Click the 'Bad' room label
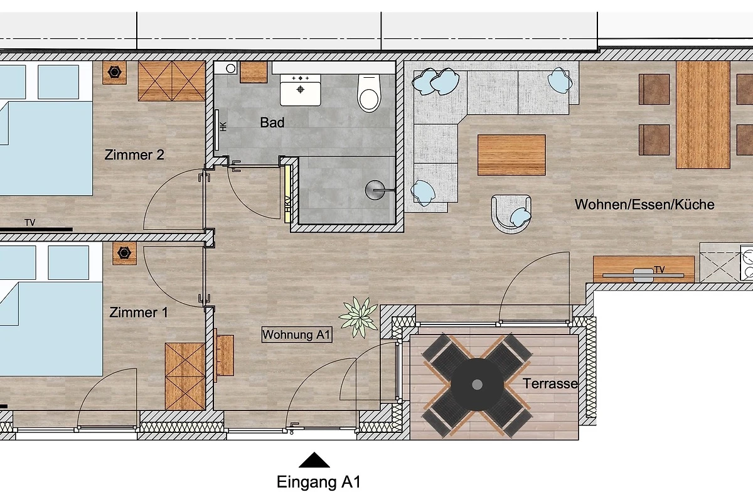tap(272, 122)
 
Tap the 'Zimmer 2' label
tap(134, 154)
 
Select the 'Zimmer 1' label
tap(139, 312)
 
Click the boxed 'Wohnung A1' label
tap(297, 334)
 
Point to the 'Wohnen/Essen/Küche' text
tap(644, 205)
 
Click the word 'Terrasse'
tap(550, 383)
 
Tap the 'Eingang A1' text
tap(318, 482)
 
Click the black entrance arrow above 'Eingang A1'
tap(314, 460)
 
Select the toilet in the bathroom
tap(369, 93)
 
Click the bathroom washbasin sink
tap(300, 90)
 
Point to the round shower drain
tap(375, 190)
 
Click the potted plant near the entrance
tap(358, 317)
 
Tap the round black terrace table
tap(477, 384)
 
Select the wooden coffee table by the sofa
tap(511, 155)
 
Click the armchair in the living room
tap(511, 214)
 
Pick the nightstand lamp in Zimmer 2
tap(115, 72)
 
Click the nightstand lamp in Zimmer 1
tap(124, 253)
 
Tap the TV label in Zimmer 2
tap(30, 223)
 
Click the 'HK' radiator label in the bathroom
tap(223, 126)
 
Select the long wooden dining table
tap(703, 115)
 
